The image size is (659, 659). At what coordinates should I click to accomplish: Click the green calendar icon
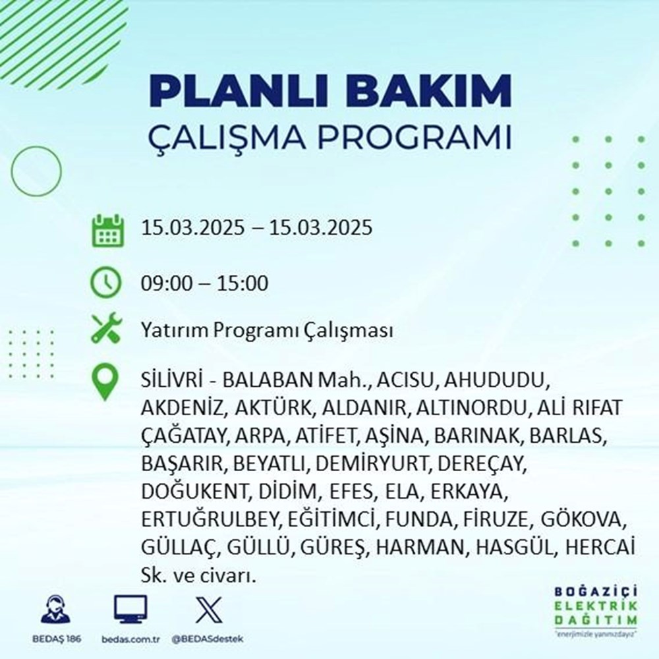click(x=106, y=229)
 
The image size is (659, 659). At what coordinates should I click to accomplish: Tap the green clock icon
click(x=106, y=284)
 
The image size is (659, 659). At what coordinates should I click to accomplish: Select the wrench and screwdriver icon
click(x=106, y=329)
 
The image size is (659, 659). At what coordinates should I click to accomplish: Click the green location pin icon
click(x=106, y=382)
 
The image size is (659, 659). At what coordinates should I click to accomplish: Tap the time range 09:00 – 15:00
click(x=204, y=284)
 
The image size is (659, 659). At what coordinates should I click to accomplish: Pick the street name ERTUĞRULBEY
click(x=212, y=520)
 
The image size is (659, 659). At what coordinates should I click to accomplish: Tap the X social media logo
click(x=206, y=610)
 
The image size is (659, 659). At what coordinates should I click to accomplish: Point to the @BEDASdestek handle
click(x=206, y=639)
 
